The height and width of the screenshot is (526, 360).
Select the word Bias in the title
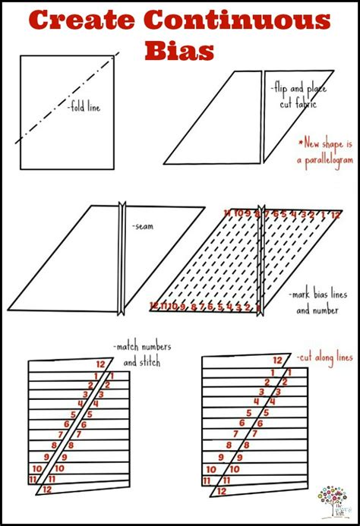tap(180, 51)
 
